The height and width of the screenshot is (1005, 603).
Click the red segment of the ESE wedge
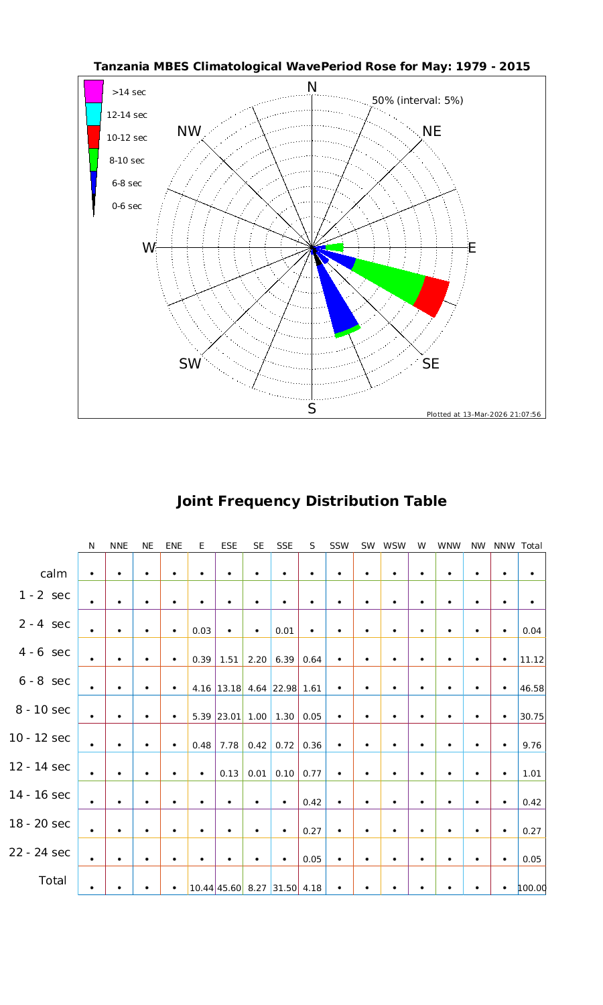(x=432, y=295)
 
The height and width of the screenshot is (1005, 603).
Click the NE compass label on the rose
(x=432, y=131)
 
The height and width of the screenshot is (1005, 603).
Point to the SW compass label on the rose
(x=190, y=364)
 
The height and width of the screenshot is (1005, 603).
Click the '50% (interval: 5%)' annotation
(x=417, y=100)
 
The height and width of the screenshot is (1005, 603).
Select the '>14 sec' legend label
(x=129, y=92)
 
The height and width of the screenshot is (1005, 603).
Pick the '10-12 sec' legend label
(x=127, y=137)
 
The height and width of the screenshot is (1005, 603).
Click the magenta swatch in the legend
(x=94, y=91)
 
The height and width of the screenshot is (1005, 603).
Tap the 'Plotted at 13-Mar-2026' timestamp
(x=483, y=414)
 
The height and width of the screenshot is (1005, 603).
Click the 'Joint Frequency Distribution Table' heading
(x=312, y=501)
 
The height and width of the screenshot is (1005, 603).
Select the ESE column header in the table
(x=229, y=545)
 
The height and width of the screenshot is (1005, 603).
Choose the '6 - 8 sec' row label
(x=40, y=681)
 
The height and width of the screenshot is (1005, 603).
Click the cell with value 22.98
(x=285, y=688)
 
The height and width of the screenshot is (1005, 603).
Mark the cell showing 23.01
(x=229, y=716)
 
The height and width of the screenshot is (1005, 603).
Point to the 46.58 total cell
(x=531, y=688)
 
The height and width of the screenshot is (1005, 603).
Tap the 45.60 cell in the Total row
(x=229, y=888)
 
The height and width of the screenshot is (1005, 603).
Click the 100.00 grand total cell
(x=532, y=888)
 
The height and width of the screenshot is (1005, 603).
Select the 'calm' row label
(x=54, y=574)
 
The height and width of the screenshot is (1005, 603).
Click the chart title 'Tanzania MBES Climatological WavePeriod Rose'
(x=312, y=66)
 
